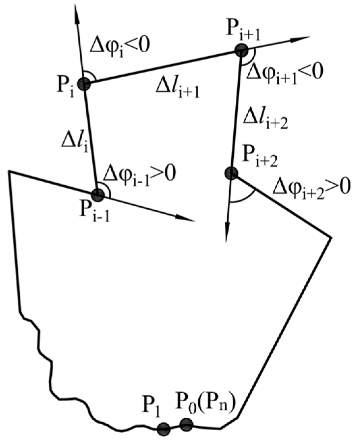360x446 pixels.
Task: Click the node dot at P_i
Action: [85, 84]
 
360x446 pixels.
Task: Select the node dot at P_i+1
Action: [241, 50]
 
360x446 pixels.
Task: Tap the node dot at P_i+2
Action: [231, 173]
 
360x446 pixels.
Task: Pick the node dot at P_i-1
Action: [97, 195]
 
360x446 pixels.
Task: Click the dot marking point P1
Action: [164, 429]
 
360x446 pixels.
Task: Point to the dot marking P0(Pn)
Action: [186, 424]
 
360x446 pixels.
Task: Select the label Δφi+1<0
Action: [285, 71]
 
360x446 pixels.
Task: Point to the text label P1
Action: [152, 405]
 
